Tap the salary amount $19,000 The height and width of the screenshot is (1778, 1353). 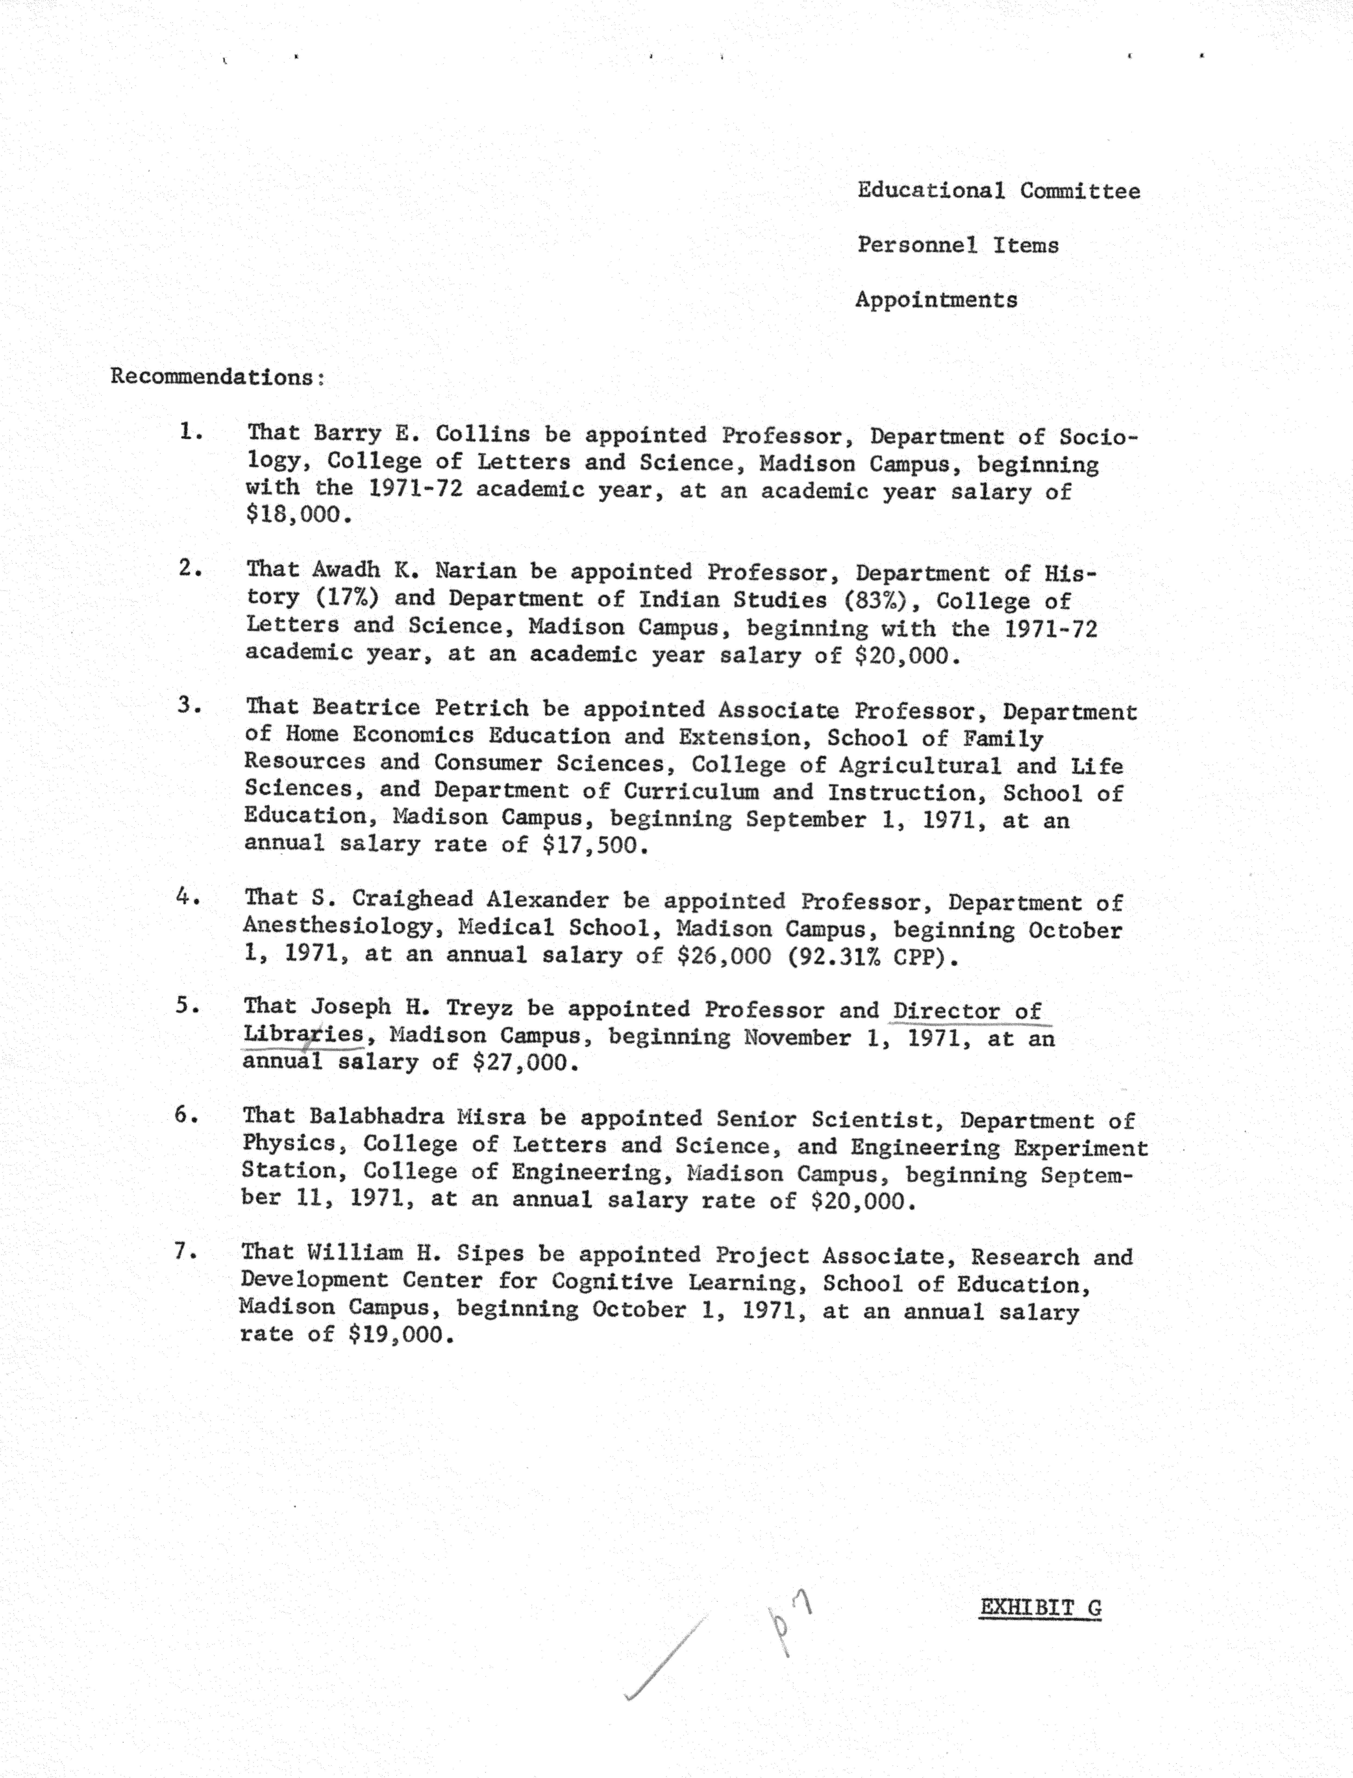click(395, 1335)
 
